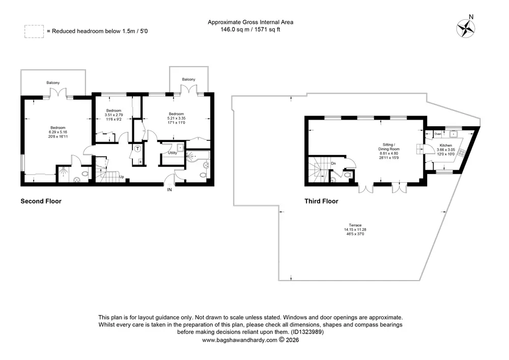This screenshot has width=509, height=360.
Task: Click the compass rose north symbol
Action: (x=466, y=28)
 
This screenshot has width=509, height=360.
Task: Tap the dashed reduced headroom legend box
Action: (x=34, y=32)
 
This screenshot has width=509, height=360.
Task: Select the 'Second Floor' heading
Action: (x=41, y=201)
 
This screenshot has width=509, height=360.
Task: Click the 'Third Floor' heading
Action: (x=321, y=201)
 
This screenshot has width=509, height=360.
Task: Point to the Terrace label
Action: (x=355, y=225)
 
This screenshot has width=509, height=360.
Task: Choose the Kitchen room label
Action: (x=446, y=146)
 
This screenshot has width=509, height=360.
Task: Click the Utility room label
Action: (x=173, y=153)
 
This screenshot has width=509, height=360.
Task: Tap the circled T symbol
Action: (x=137, y=149)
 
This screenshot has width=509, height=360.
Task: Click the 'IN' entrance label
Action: (x=169, y=189)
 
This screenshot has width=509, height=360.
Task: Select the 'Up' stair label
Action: (x=122, y=177)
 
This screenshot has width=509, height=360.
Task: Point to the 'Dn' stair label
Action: (x=333, y=163)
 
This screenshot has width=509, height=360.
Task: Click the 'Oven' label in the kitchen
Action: (x=438, y=134)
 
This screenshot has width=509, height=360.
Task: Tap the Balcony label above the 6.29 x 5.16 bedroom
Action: (x=53, y=83)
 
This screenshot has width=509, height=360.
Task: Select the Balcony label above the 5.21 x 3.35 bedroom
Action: (x=189, y=79)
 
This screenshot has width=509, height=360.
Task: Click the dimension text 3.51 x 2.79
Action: (x=114, y=115)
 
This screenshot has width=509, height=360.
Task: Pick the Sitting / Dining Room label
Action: (x=389, y=147)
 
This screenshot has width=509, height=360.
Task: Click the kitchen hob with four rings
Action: (x=462, y=152)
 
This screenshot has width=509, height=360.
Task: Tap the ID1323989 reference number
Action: (x=307, y=332)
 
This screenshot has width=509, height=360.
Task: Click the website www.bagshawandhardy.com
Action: (x=240, y=340)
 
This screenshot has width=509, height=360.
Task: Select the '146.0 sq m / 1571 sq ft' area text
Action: (x=250, y=30)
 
